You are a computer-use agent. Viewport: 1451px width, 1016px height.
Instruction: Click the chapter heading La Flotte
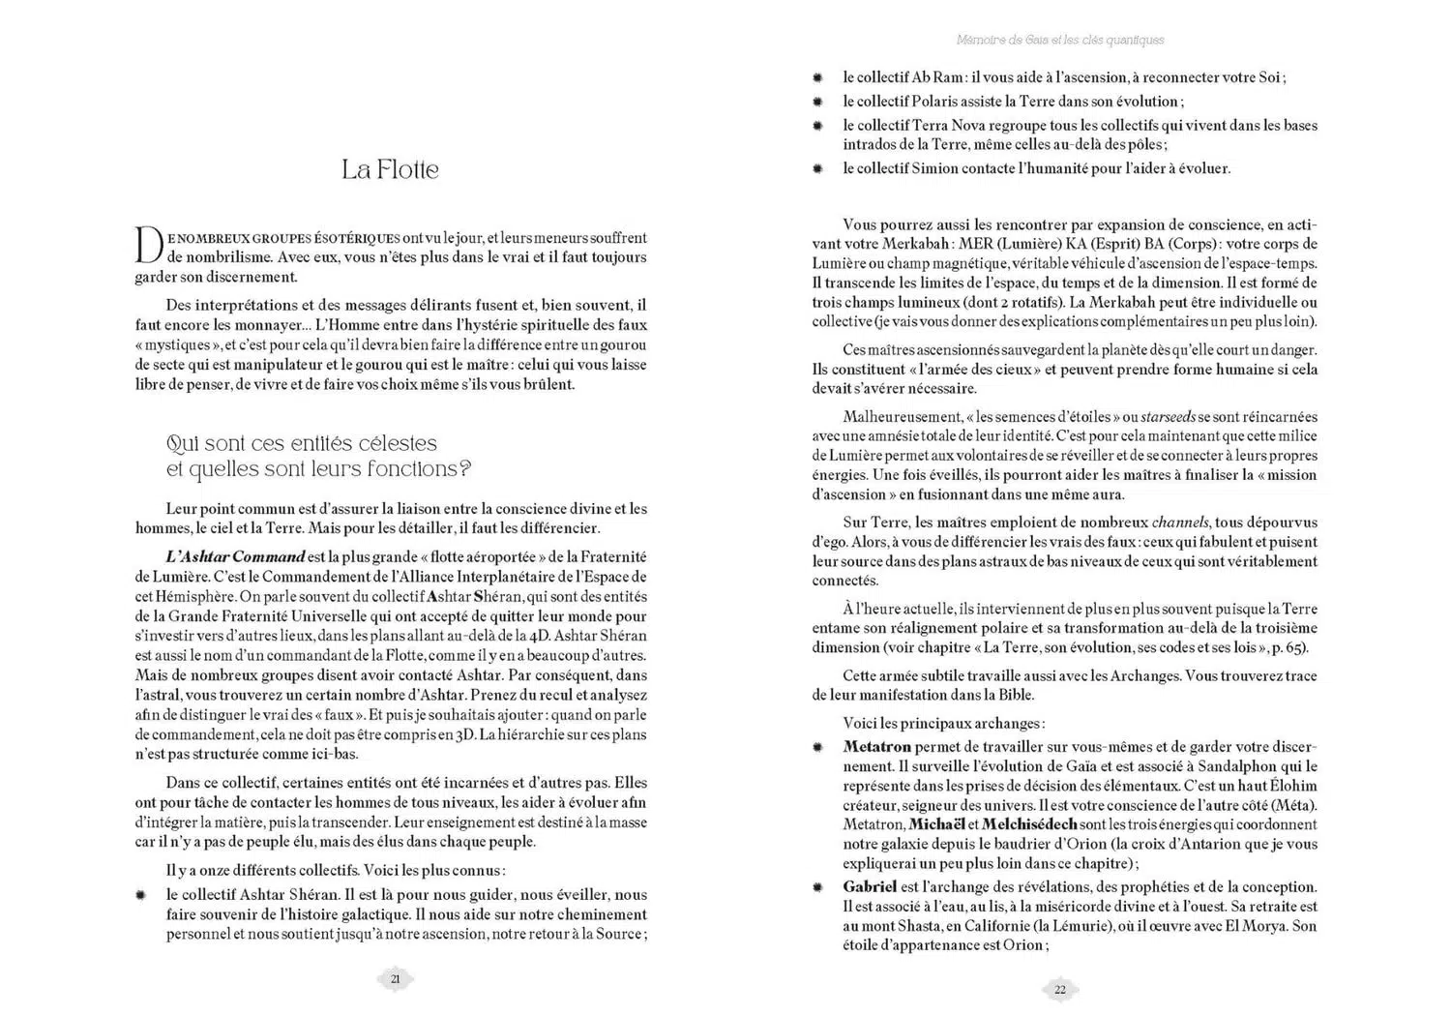tap(390, 169)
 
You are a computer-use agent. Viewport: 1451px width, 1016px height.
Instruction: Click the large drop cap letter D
tap(148, 244)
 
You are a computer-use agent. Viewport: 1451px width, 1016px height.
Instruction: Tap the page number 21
tap(395, 979)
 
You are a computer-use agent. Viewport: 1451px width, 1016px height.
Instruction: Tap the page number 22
tap(1060, 989)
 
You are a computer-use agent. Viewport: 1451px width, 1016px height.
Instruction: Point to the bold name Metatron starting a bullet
tap(876, 747)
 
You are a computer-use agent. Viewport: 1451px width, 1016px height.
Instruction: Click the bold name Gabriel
tap(870, 886)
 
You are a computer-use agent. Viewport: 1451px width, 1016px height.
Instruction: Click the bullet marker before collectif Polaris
tap(817, 102)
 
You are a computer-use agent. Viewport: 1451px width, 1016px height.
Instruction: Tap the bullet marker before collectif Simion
tap(817, 168)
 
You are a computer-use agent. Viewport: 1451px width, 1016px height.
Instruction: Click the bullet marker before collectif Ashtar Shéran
tap(141, 895)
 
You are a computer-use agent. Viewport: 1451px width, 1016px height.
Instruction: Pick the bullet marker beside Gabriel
tap(817, 887)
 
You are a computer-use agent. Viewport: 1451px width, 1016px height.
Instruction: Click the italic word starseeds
tap(1168, 417)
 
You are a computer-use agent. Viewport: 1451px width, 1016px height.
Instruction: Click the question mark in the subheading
tap(464, 469)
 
